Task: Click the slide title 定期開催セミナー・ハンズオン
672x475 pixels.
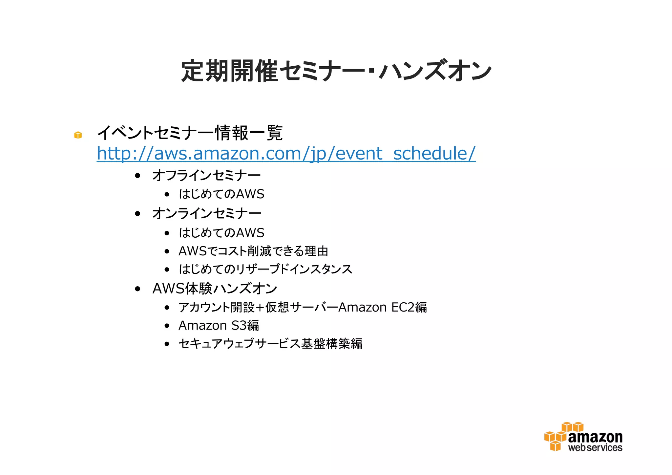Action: tap(336, 71)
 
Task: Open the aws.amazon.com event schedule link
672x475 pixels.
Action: tap(286, 153)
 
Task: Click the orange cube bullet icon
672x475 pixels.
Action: tap(78, 135)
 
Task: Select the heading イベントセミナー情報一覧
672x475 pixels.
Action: tap(190, 133)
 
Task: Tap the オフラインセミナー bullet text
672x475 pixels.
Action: tap(206, 176)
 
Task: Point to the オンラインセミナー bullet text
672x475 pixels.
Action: tap(207, 214)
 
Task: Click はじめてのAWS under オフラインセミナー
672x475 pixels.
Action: tap(221, 194)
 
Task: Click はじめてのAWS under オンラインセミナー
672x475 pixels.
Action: tap(221, 233)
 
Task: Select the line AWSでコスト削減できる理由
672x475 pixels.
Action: tap(253, 251)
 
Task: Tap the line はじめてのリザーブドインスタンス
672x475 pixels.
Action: tap(265, 270)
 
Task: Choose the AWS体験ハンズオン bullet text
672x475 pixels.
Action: tap(215, 289)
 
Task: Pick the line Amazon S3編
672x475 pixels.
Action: tap(219, 326)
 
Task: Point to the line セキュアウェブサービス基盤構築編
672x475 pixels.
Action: tap(270, 344)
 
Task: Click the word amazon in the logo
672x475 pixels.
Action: tap(595, 437)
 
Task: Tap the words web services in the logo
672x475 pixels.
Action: tap(595, 448)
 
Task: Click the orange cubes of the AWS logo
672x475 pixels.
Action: tap(558, 437)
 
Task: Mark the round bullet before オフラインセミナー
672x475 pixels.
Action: tap(138, 176)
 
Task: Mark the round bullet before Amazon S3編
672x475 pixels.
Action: tap(167, 326)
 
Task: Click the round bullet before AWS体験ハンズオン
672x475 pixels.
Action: tap(138, 289)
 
